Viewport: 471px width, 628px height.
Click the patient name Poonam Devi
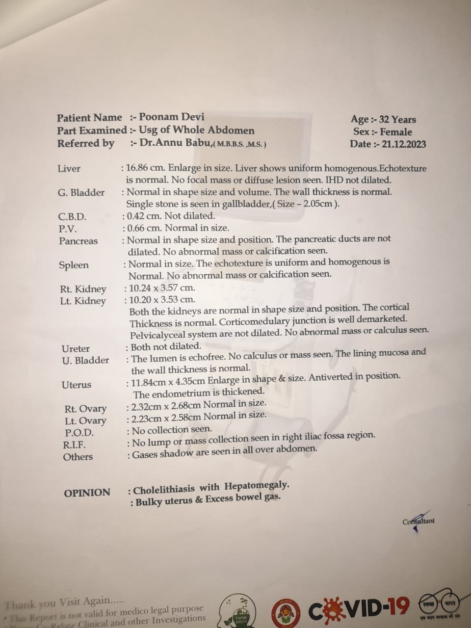(171, 117)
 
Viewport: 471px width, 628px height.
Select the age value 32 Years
(397, 120)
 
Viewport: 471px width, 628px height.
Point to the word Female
(396, 132)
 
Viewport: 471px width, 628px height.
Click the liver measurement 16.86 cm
(145, 168)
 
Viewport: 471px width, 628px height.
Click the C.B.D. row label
(72, 216)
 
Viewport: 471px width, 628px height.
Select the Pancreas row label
(78, 241)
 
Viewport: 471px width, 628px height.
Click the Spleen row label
(74, 265)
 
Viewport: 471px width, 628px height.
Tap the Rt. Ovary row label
(85, 409)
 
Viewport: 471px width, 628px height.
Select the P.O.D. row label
(79, 433)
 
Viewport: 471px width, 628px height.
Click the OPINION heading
(87, 493)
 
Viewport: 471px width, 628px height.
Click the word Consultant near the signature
(419, 521)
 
